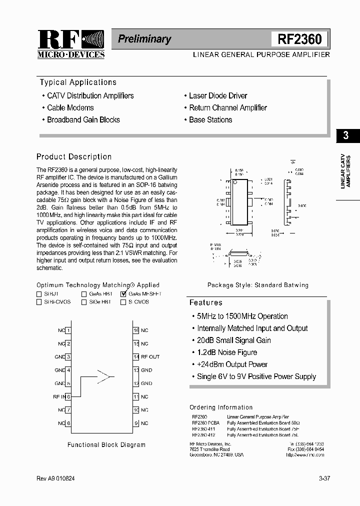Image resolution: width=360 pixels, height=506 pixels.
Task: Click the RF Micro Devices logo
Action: point(70,44)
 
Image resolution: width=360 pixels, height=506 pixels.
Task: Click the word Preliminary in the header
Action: point(144,39)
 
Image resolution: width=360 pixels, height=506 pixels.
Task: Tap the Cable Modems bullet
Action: point(70,107)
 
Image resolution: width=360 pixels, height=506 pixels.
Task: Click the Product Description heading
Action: point(74,156)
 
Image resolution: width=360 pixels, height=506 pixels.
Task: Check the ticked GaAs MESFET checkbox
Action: point(123,294)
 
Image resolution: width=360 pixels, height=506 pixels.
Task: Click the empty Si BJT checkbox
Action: point(39,294)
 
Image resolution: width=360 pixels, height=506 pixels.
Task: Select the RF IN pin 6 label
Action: point(59,396)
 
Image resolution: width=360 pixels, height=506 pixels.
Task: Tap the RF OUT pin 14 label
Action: point(150,357)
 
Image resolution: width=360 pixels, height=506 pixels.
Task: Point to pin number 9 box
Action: point(136,423)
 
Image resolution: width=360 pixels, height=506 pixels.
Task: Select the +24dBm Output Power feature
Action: point(232,364)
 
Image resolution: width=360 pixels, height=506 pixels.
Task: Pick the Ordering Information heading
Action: point(221,407)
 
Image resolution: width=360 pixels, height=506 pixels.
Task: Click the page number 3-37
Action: point(324,478)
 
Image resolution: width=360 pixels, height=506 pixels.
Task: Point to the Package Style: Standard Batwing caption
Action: point(258,285)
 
